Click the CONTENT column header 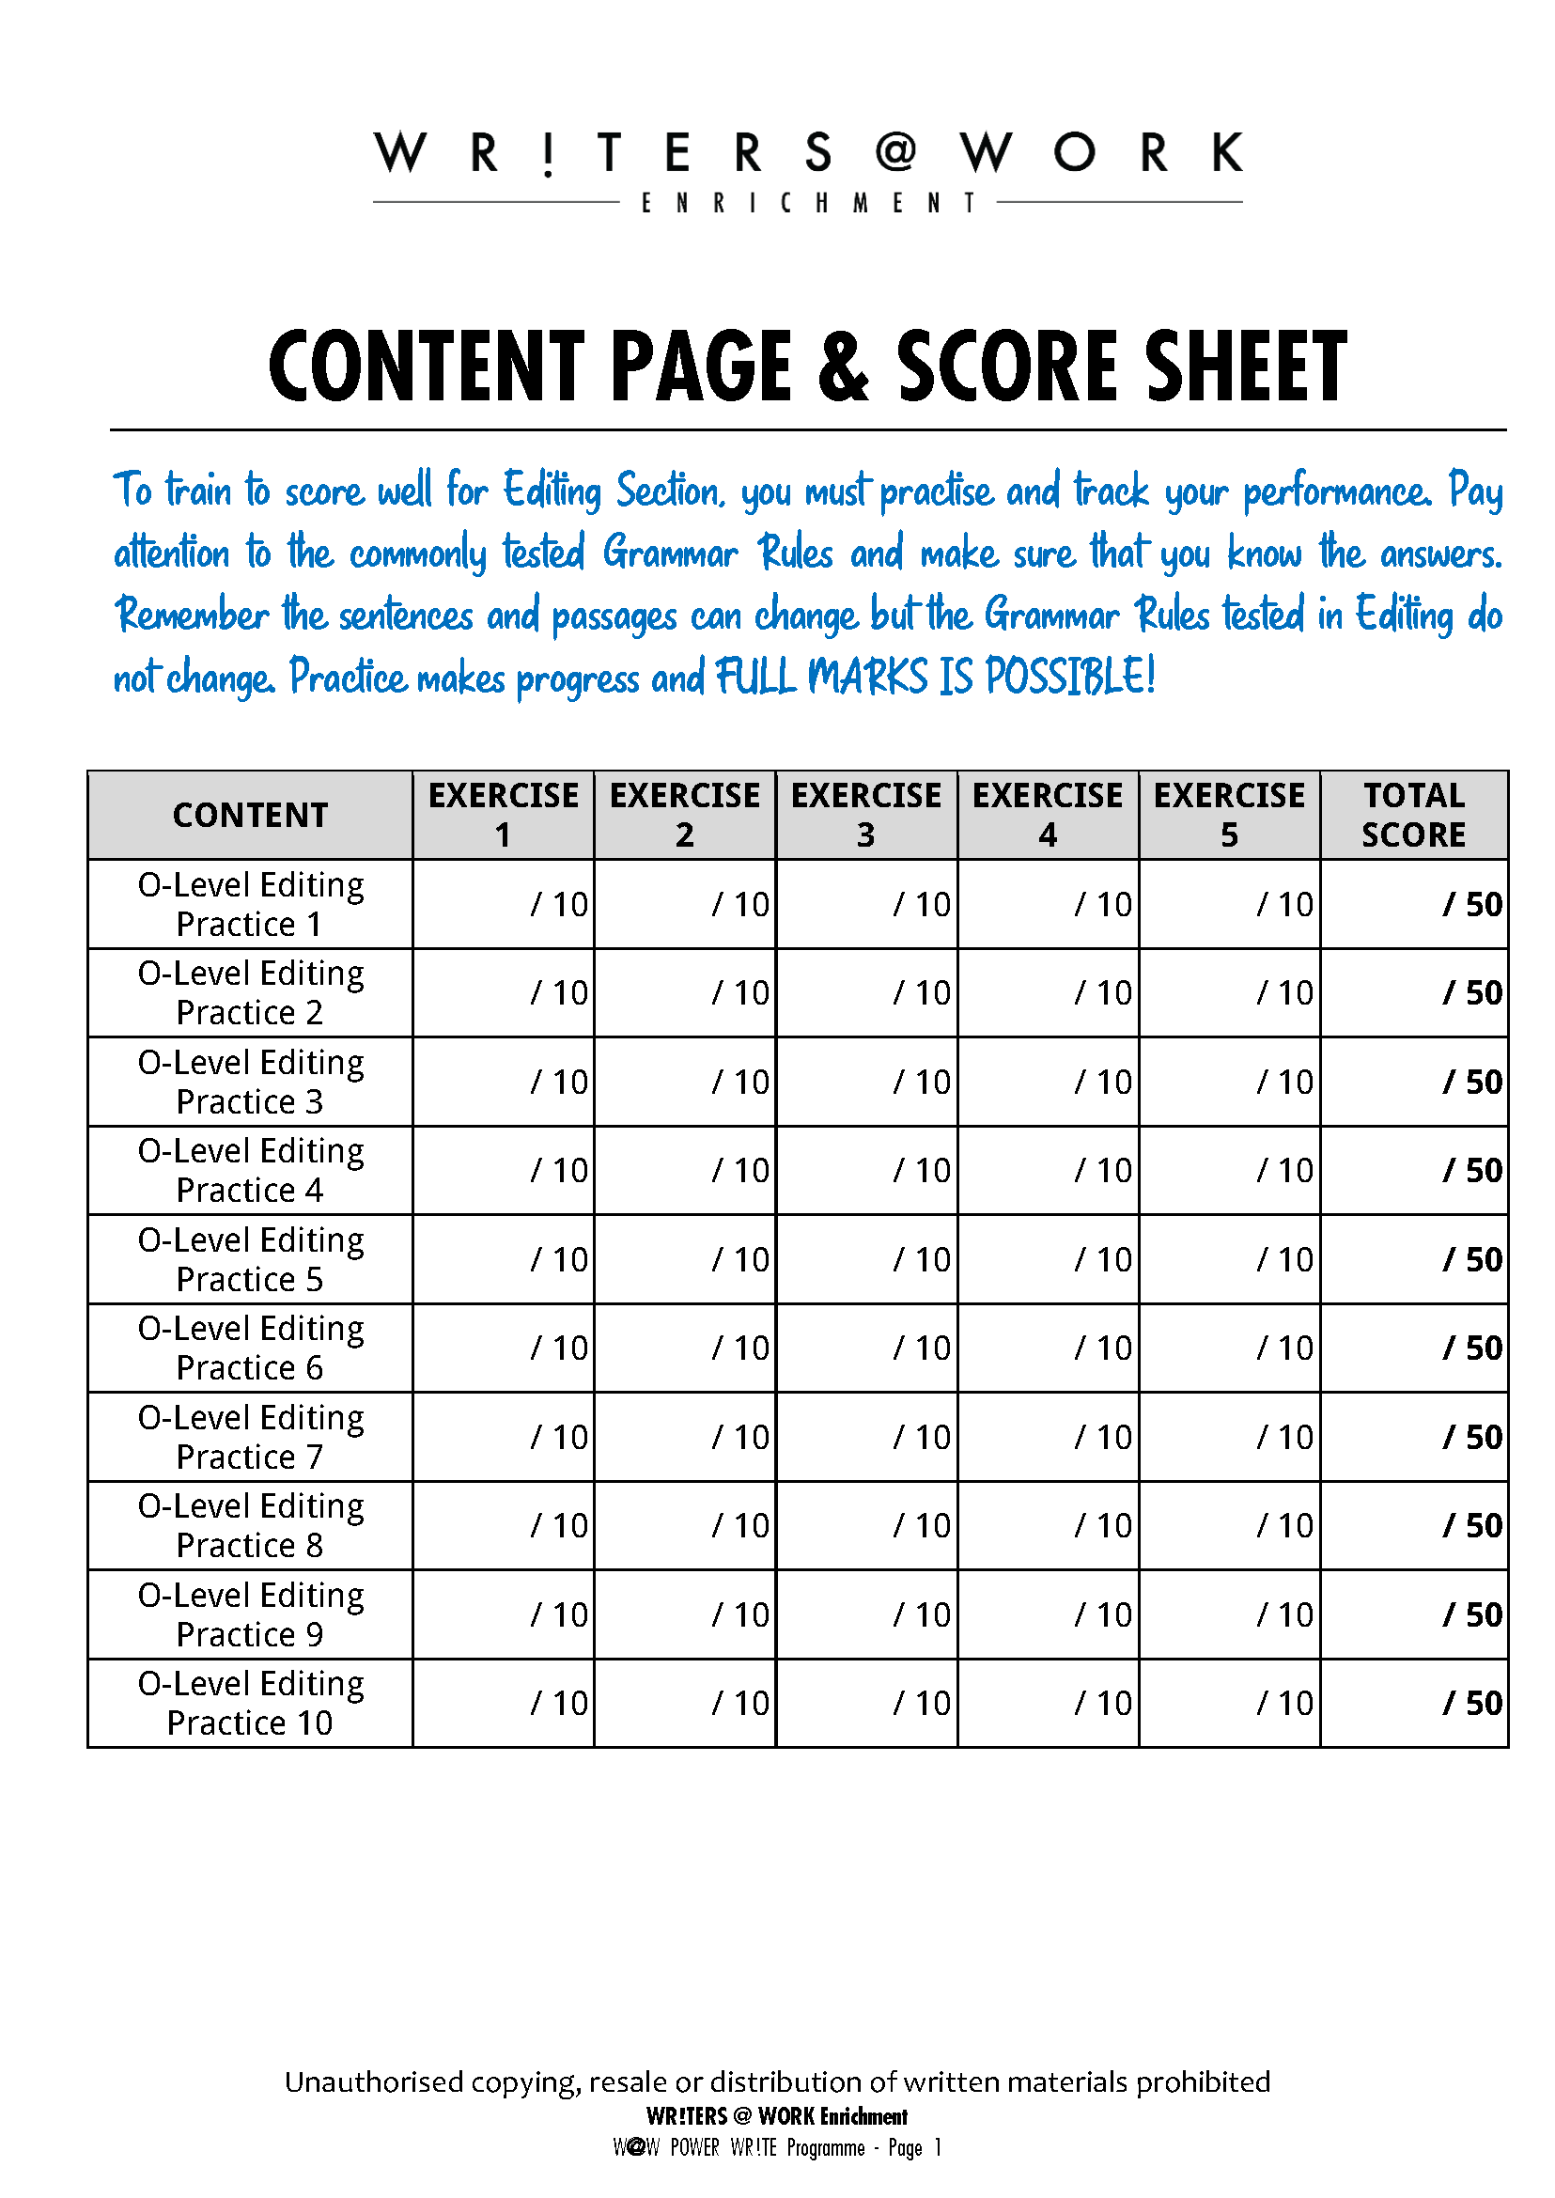(250, 815)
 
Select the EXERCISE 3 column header (865, 815)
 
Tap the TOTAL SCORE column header (1413, 815)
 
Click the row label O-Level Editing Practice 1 (250, 904)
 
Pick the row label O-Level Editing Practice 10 (250, 1703)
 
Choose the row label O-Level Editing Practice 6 (250, 1348)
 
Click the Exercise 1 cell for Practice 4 (504, 1170)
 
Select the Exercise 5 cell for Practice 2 (1230, 993)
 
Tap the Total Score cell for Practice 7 (1413, 1437)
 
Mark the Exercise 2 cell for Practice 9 (685, 1614)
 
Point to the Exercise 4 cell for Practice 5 (1048, 1259)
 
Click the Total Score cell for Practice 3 (1413, 1083)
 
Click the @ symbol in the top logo (896, 151)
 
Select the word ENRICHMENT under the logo (808, 203)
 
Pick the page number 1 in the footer (939, 2147)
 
